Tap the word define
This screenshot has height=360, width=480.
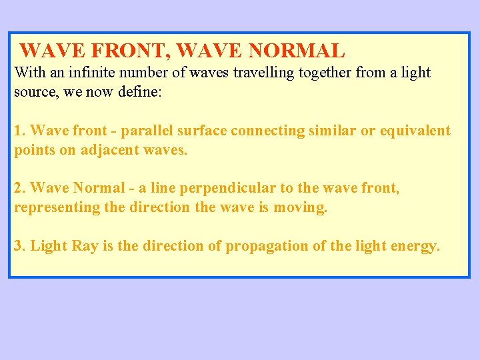pos(137,91)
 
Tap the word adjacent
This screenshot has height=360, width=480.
pos(109,150)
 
